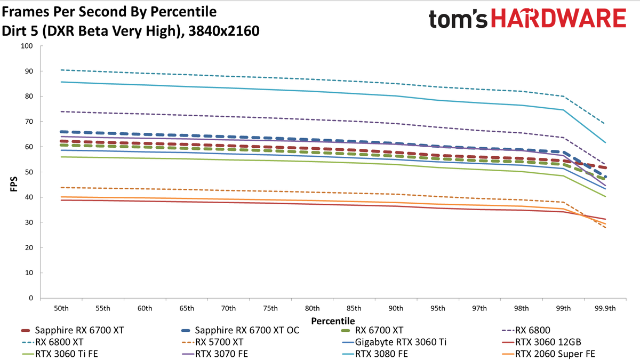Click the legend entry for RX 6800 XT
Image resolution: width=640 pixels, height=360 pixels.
(x=52, y=342)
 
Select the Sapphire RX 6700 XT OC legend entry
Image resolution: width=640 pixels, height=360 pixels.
(x=240, y=330)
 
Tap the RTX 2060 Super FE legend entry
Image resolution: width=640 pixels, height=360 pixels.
(x=548, y=354)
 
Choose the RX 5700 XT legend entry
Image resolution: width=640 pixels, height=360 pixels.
(x=212, y=342)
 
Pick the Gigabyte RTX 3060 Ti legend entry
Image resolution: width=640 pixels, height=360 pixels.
(x=394, y=342)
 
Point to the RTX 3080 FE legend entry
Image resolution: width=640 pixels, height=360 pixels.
(x=374, y=354)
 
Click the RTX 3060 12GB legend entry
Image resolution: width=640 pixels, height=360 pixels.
(x=541, y=342)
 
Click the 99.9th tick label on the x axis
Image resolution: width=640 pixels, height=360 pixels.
(x=605, y=308)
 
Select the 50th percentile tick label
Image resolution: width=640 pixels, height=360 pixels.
(x=61, y=308)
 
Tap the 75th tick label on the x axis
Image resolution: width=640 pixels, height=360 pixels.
(x=270, y=308)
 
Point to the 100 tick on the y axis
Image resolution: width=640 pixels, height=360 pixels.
(x=27, y=46)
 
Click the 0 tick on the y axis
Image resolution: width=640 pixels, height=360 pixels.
(x=31, y=298)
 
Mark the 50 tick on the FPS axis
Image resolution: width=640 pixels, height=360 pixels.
(x=29, y=172)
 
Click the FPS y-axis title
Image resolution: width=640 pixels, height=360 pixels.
(x=14, y=184)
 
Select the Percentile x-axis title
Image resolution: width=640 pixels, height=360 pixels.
(x=333, y=321)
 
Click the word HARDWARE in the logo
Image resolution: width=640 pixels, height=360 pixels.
(x=558, y=18)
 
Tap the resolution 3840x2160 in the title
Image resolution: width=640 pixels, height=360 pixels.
(x=224, y=31)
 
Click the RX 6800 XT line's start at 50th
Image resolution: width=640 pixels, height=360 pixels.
(x=61, y=70)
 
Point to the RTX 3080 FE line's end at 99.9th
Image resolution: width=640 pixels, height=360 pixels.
(x=605, y=142)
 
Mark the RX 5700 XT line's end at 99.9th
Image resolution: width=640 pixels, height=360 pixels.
(x=605, y=228)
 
